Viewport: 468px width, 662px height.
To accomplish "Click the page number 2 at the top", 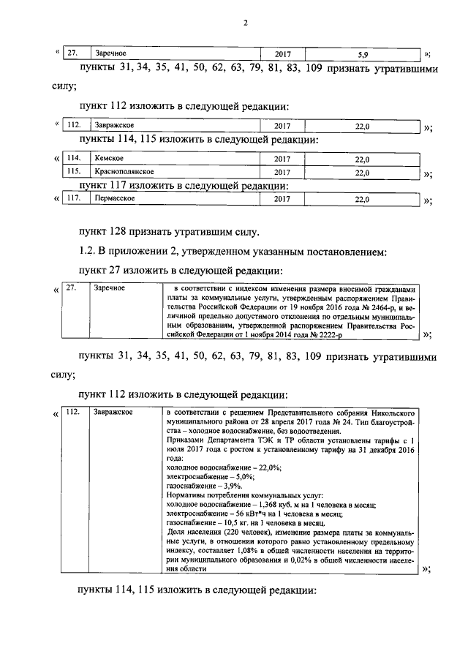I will coord(246,23).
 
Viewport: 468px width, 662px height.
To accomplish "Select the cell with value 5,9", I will coord(363,54).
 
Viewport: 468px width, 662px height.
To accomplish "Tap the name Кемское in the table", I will coord(107,159).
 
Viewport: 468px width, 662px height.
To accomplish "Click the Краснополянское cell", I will coord(122,173).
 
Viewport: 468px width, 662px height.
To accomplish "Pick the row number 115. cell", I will coord(74,173).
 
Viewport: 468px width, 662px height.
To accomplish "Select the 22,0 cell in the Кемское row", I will coord(363,159).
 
